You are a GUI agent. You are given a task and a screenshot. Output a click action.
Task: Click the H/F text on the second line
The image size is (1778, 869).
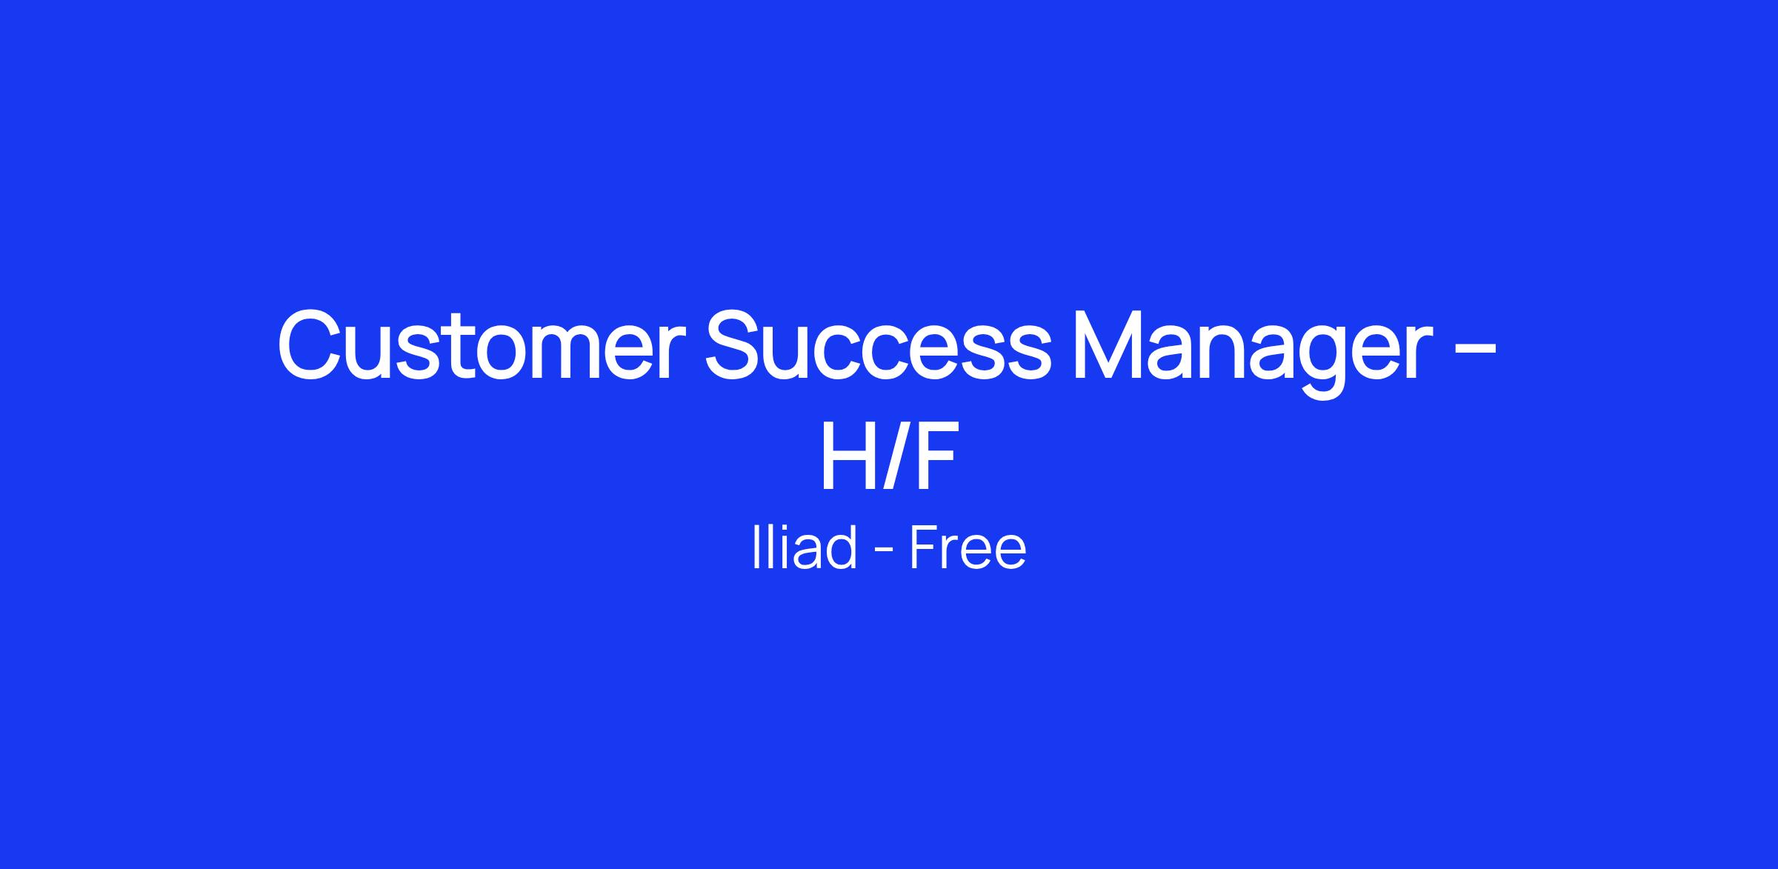pos(888,454)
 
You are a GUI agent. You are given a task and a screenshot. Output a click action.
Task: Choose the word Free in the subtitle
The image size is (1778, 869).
pos(968,547)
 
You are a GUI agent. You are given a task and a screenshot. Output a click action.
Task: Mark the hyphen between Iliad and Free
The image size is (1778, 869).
pos(883,551)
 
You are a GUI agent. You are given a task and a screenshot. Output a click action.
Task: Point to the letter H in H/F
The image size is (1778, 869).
pos(849,455)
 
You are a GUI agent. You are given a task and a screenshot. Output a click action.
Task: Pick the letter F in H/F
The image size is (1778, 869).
pos(933,455)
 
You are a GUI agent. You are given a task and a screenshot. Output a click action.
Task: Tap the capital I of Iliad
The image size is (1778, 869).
pos(756,547)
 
